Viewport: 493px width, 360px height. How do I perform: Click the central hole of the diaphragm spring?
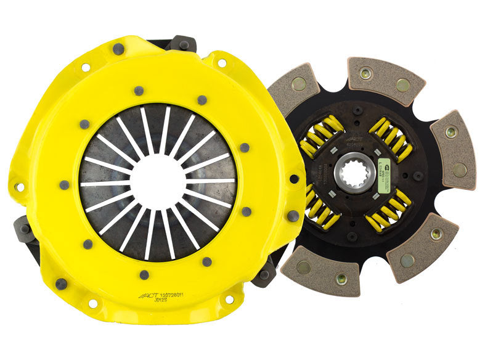pos(158,182)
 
